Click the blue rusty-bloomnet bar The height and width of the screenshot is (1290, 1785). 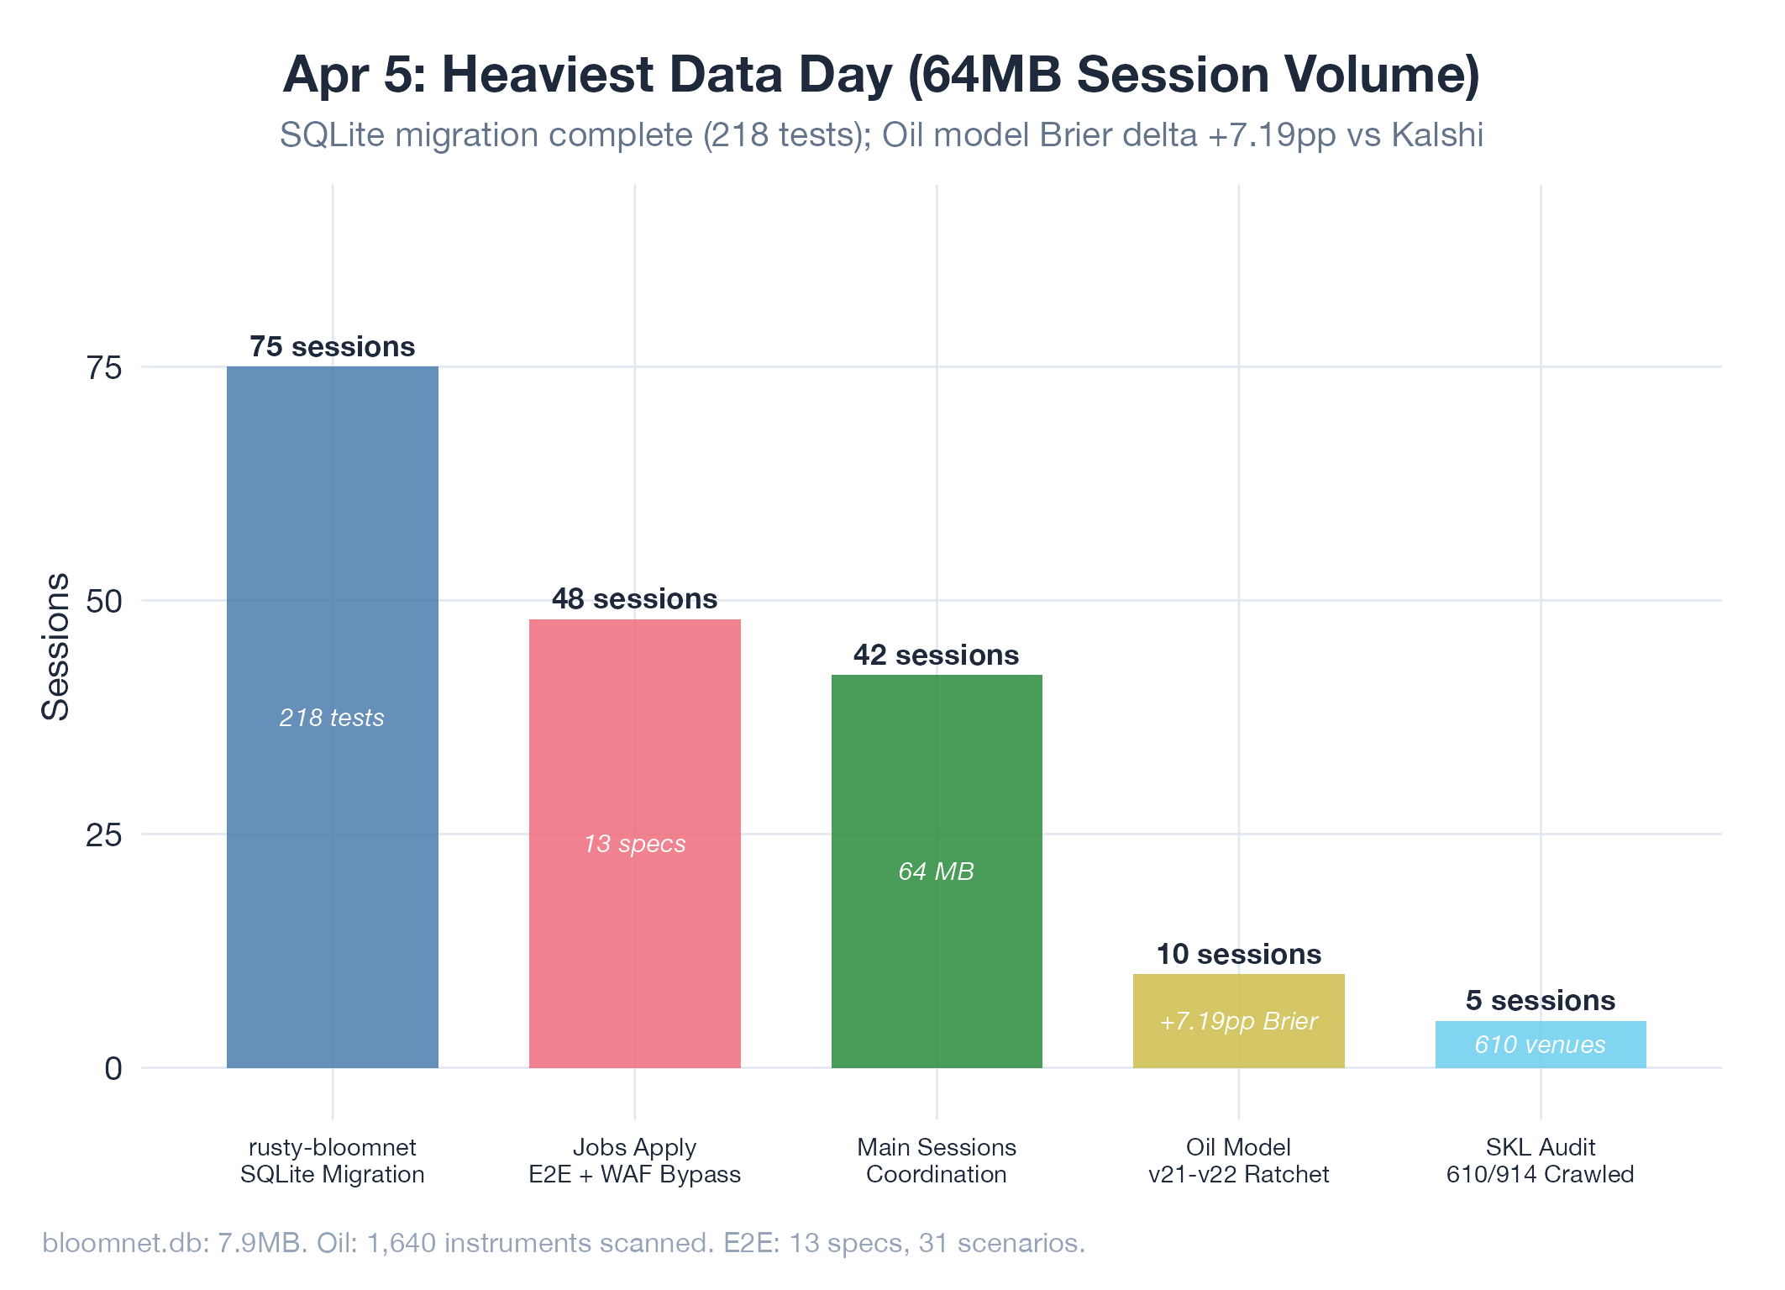(332, 546)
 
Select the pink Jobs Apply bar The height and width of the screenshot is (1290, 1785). (634, 740)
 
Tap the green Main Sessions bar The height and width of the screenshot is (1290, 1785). (936, 773)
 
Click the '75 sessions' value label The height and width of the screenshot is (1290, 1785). (332, 346)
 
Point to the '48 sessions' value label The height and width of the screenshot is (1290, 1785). (634, 598)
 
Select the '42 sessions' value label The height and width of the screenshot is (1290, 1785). (936, 655)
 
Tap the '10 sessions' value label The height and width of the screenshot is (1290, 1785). (1238, 954)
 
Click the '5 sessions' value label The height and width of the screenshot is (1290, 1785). (1540, 1000)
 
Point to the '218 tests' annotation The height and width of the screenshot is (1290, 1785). (332, 718)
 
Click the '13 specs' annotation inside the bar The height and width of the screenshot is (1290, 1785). (634, 844)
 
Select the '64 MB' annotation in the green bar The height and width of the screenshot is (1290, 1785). (936, 871)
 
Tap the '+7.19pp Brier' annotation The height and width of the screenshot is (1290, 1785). (1238, 1021)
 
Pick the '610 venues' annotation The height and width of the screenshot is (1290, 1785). (1540, 1045)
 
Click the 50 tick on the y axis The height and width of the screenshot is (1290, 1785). (104, 601)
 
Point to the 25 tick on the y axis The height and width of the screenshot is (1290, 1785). (104, 835)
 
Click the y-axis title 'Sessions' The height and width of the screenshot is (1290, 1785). (55, 647)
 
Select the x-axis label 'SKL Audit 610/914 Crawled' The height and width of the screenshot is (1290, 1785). (1540, 1161)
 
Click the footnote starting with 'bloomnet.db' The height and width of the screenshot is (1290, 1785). (563, 1242)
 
